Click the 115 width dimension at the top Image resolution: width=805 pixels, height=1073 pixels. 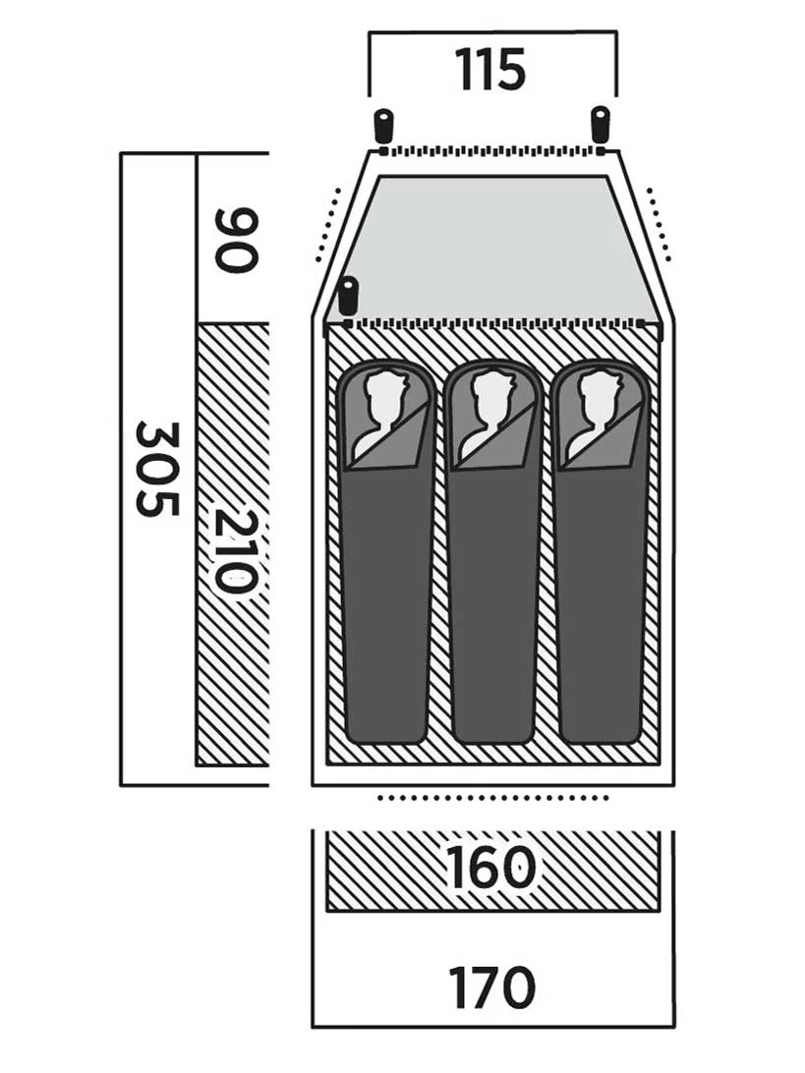[x=490, y=69]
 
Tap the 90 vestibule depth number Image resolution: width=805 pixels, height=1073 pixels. [x=237, y=239]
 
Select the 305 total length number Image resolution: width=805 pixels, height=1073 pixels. [x=158, y=469]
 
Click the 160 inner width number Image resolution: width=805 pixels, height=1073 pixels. [x=491, y=868]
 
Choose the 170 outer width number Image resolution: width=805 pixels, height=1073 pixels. [x=491, y=988]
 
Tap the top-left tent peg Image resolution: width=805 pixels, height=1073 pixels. [x=384, y=125]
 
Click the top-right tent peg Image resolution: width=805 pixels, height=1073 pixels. [x=600, y=124]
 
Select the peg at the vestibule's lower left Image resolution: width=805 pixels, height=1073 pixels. [x=349, y=295]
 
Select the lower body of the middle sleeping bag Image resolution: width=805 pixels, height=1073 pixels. [x=492, y=602]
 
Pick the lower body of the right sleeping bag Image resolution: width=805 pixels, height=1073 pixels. [x=600, y=602]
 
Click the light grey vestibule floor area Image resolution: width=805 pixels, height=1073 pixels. [x=492, y=247]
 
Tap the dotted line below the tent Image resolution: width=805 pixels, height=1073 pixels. [x=492, y=798]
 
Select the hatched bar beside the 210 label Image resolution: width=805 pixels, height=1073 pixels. [x=233, y=544]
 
